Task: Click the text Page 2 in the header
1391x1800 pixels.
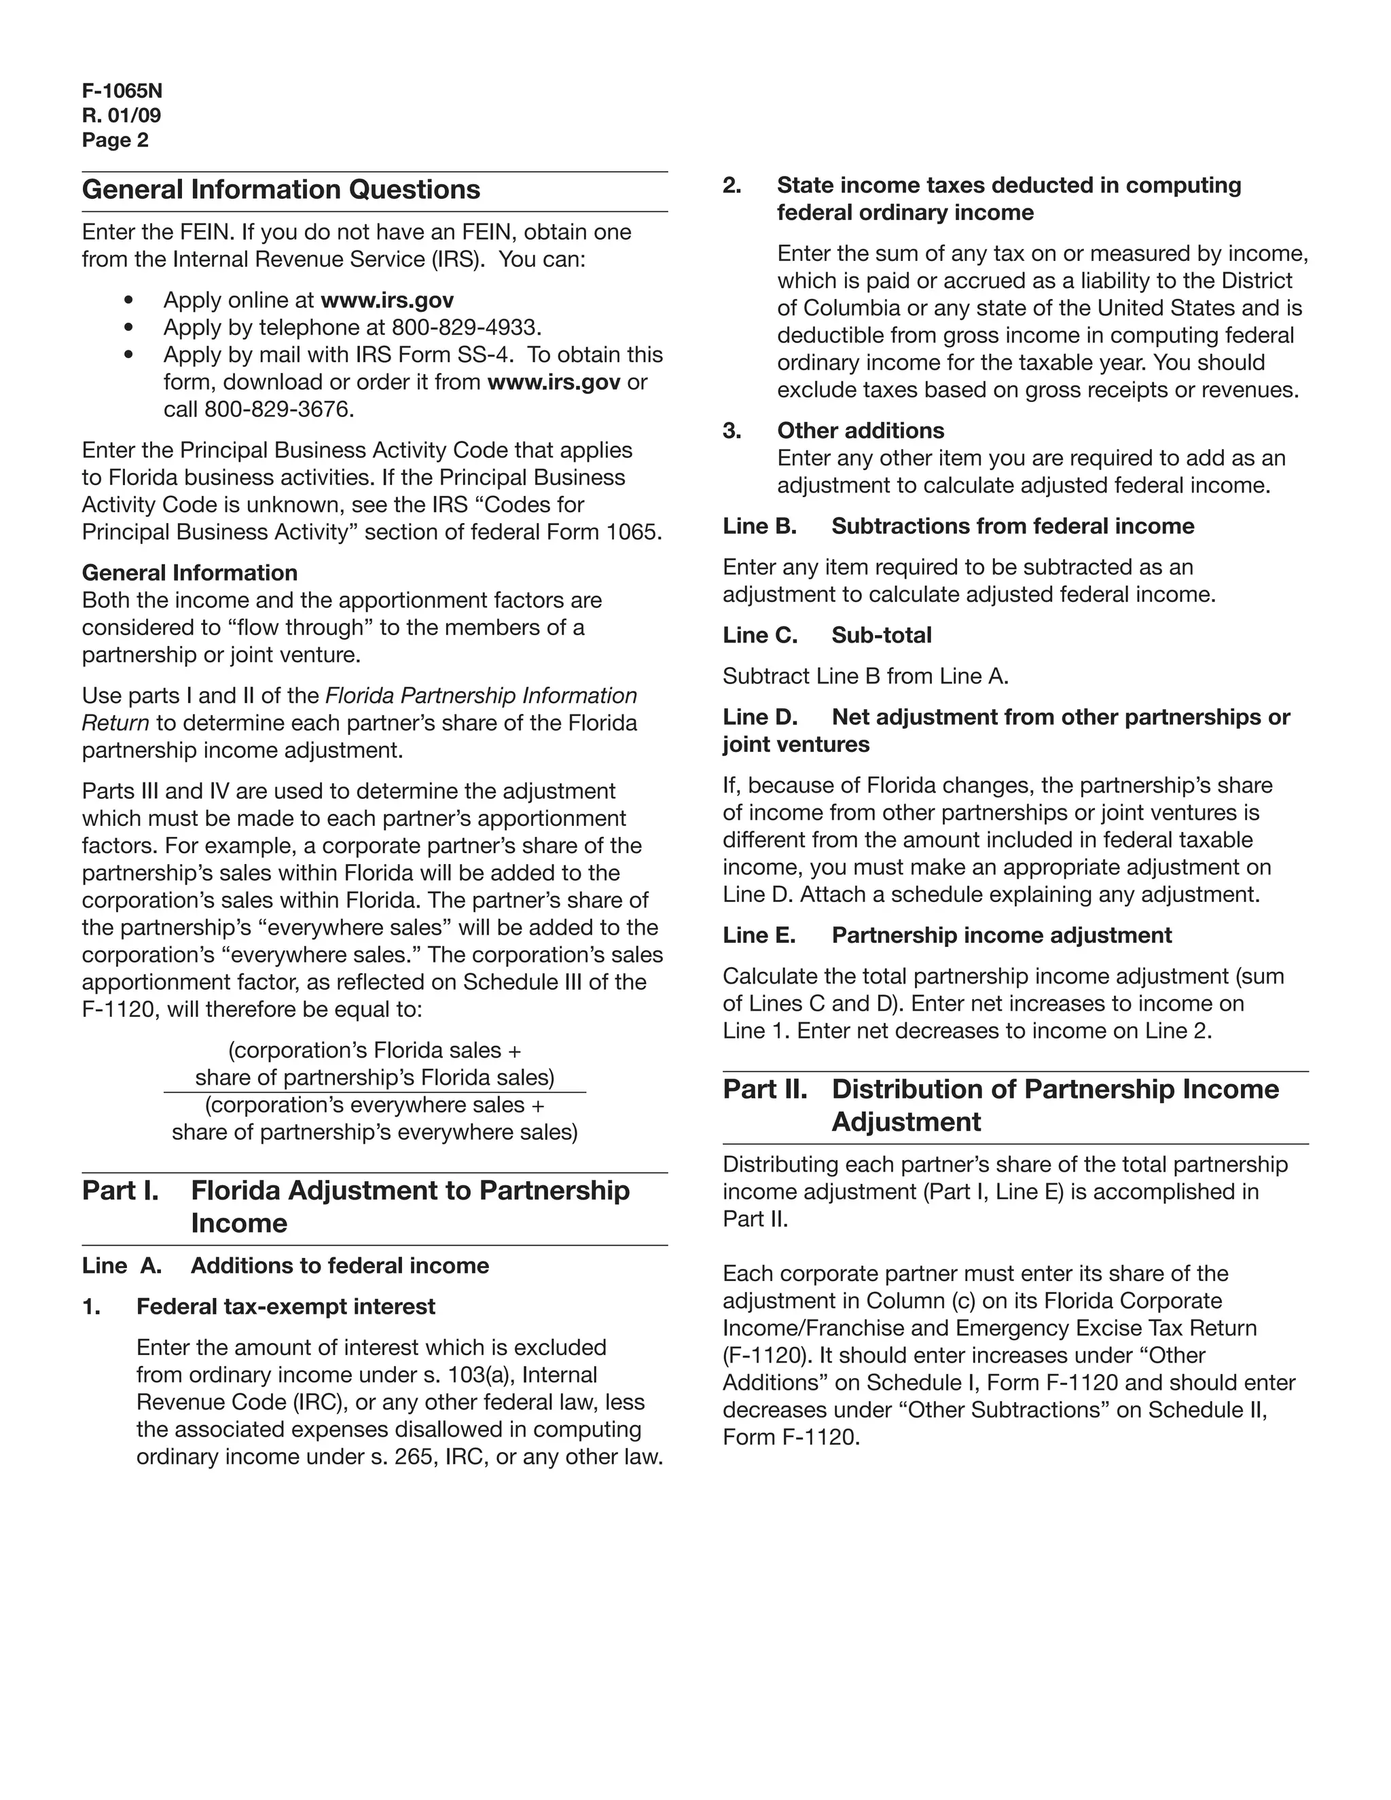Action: point(115,140)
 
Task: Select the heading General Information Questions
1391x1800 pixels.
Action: point(281,190)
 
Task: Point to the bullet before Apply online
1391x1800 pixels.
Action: point(128,301)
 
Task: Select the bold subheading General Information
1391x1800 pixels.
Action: point(189,573)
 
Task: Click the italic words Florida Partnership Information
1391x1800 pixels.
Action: point(482,696)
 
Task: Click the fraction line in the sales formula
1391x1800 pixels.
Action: point(375,1092)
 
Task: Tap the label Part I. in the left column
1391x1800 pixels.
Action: point(120,1190)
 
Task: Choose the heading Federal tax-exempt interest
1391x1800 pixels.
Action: point(285,1306)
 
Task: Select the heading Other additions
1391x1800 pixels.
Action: point(861,430)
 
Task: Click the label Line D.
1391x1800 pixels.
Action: point(760,717)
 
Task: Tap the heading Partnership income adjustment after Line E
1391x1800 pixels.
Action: point(1001,935)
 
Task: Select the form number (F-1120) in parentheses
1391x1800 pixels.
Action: point(764,1355)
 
